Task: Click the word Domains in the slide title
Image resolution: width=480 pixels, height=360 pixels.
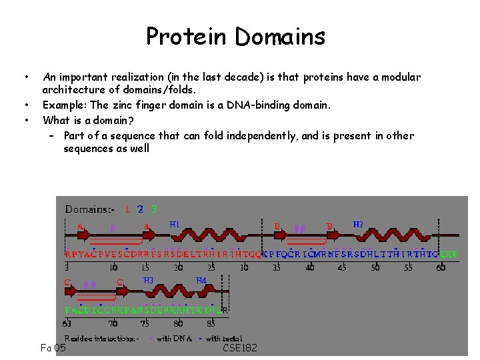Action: click(x=281, y=36)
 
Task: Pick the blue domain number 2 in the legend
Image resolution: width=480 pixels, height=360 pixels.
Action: click(x=140, y=209)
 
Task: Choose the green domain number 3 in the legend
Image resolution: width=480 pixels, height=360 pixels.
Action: click(x=154, y=209)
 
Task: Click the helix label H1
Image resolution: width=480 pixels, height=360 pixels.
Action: click(x=175, y=225)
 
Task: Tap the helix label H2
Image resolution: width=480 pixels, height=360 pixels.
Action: click(x=358, y=225)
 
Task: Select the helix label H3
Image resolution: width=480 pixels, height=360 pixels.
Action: click(x=149, y=281)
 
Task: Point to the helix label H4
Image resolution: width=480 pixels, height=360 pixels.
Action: click(x=201, y=281)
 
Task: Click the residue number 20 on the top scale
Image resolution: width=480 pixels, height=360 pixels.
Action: click(x=179, y=267)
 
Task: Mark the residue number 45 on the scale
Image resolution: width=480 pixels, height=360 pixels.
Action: click(x=341, y=267)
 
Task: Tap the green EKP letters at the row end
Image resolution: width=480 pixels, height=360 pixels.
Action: click(x=449, y=255)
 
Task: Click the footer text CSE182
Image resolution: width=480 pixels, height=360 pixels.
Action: click(x=240, y=348)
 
